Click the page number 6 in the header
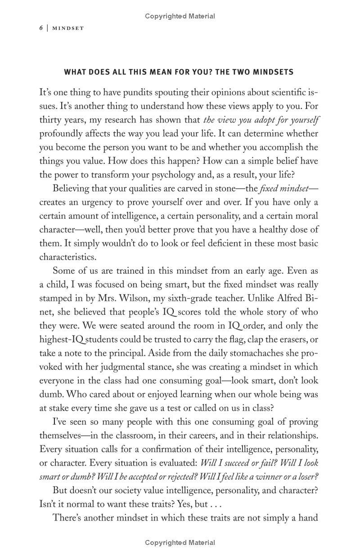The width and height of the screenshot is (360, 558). click(x=41, y=28)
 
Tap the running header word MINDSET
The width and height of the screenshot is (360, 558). click(x=68, y=28)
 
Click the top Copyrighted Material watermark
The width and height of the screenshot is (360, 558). click(x=180, y=16)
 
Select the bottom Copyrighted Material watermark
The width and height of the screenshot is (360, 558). click(x=180, y=543)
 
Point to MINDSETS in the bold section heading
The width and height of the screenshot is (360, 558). click(x=273, y=72)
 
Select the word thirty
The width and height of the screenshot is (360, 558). click(x=50, y=120)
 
